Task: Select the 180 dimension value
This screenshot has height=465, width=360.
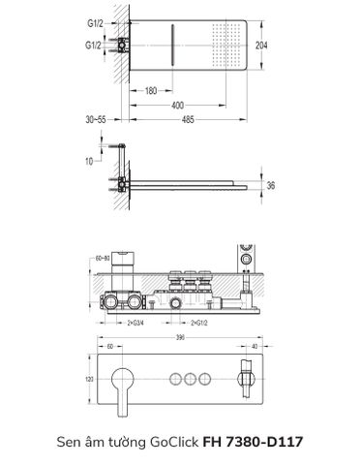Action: pos(152,92)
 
